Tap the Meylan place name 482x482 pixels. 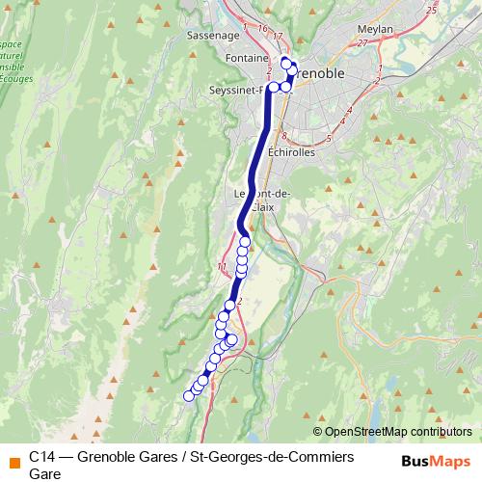tap(374, 30)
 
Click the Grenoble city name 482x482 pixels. tap(324, 73)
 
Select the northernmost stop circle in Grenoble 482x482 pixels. tap(285, 63)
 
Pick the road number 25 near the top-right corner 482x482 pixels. tap(431, 10)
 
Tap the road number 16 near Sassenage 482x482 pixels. tap(261, 30)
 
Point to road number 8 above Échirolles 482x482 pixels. tap(285, 135)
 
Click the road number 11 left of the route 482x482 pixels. tap(223, 265)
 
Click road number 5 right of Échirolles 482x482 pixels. tap(330, 139)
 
